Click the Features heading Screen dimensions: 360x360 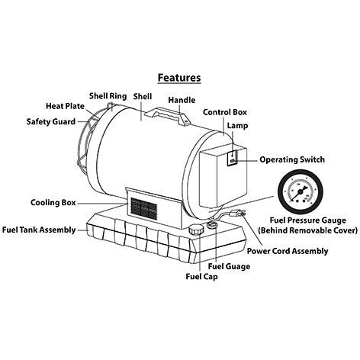(179, 77)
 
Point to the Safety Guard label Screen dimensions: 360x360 (52, 121)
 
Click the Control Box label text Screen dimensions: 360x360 (225, 112)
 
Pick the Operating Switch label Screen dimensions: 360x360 (292, 159)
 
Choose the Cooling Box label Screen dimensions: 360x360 (53, 203)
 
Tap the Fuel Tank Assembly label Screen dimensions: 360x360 (39, 229)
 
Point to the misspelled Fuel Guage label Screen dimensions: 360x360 (227, 266)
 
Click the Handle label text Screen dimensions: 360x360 (181, 100)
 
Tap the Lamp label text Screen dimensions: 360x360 (236, 126)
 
